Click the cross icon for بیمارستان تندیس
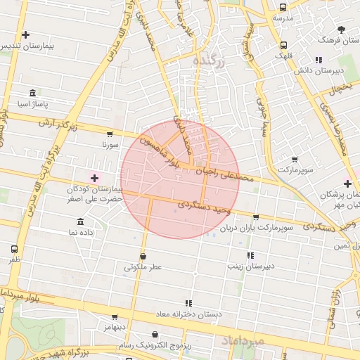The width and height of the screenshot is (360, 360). click(26, 34)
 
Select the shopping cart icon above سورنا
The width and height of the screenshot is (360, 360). click(110, 134)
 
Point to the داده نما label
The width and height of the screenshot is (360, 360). click(82, 232)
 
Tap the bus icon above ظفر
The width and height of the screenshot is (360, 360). click(15, 250)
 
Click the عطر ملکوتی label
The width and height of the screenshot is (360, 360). click(143, 267)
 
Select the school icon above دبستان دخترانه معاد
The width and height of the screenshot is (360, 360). click(188, 303)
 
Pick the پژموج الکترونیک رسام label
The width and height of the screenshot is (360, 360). click(155, 346)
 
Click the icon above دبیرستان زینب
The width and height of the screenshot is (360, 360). click(250, 256)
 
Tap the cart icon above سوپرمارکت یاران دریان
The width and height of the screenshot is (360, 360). click(255, 217)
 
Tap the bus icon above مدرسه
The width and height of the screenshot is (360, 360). click(283, 8)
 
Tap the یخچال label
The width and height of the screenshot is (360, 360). click(342, 89)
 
